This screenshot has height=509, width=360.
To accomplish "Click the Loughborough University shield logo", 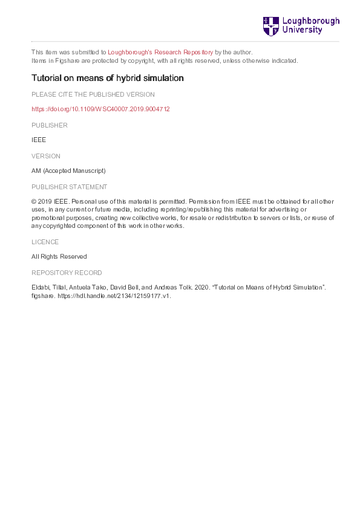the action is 270,26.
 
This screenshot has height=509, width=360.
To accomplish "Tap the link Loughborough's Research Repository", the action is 161,52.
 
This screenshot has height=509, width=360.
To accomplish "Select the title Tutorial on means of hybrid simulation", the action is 107,78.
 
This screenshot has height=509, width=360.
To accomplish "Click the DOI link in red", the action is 100,109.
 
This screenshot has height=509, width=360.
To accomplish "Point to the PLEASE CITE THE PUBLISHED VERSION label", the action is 93,94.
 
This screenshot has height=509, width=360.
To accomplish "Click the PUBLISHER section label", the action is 50,125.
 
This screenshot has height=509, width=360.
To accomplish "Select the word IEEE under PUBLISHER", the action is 39,140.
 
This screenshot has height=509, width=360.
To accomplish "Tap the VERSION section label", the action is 46,156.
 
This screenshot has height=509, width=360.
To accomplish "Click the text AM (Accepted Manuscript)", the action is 68,171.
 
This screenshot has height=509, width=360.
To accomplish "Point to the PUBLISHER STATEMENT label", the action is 69,187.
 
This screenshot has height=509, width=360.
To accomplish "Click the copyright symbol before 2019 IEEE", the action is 34,201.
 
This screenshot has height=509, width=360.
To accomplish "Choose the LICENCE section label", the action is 45,242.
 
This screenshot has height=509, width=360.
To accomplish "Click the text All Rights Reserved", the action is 59,256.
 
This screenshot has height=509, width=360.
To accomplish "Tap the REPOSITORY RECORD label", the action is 67,273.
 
